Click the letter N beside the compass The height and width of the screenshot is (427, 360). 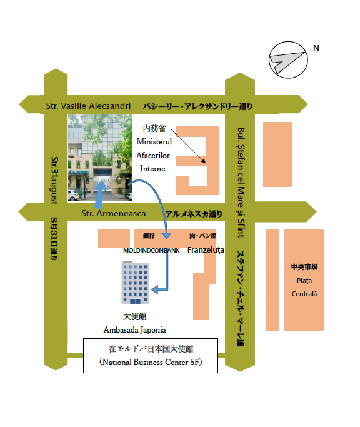click(x=316, y=48)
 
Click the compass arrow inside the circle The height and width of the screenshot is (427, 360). click(x=286, y=61)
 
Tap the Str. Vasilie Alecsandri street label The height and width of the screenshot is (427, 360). click(x=88, y=106)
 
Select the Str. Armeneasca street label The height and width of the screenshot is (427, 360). click(x=114, y=213)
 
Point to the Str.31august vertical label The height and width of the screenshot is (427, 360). click(x=55, y=180)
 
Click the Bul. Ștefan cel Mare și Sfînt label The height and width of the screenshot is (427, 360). click(x=241, y=182)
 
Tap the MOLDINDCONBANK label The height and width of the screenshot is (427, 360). click(x=151, y=250)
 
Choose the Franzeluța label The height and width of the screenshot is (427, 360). click(x=206, y=249)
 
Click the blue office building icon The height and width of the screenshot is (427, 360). click(x=136, y=283)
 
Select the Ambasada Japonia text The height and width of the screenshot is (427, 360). click(x=134, y=329)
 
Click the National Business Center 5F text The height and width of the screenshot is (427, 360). click(x=151, y=362)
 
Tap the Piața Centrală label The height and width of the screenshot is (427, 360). click(x=304, y=288)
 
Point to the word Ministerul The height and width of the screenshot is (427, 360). click(x=154, y=142)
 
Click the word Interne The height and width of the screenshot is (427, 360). click(x=152, y=169)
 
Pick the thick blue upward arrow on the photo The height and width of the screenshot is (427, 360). click(x=101, y=194)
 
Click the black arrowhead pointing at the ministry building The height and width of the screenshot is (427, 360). click(x=203, y=161)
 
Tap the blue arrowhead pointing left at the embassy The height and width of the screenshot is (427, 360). click(x=155, y=289)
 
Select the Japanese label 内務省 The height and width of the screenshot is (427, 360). click(x=154, y=128)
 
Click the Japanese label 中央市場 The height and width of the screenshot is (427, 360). click(x=304, y=267)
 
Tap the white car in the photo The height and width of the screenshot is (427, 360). click(x=73, y=195)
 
